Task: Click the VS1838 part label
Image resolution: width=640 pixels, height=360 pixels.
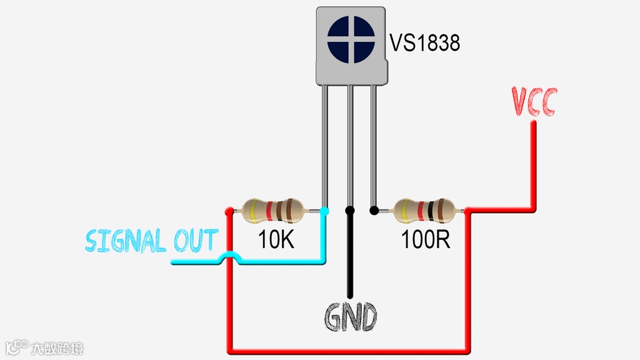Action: pyautogui.click(x=425, y=43)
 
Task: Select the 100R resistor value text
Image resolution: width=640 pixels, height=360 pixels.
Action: pyautogui.click(x=427, y=240)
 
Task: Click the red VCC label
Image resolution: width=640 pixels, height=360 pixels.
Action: pyautogui.click(x=533, y=102)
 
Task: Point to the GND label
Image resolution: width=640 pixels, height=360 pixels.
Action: pyautogui.click(x=351, y=317)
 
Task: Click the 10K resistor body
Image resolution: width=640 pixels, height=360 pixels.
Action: pyautogui.click(x=273, y=211)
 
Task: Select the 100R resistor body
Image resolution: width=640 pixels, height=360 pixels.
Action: pyautogui.click(x=425, y=211)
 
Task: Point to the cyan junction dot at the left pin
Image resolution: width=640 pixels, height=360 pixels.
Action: pyautogui.click(x=324, y=211)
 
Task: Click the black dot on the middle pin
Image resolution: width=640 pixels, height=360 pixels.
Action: pyautogui.click(x=350, y=211)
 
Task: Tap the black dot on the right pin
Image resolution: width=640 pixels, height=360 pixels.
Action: pyautogui.click(x=374, y=211)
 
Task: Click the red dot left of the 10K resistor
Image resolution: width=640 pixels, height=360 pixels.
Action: pyautogui.click(x=229, y=211)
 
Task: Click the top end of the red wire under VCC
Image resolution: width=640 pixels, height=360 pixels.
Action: pyautogui.click(x=534, y=124)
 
